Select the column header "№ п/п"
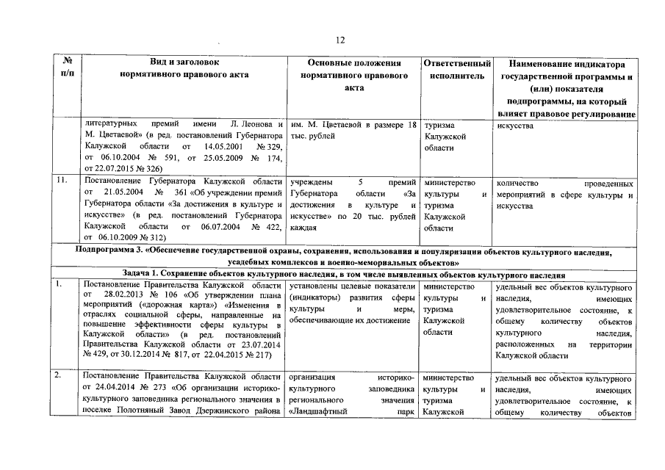[x=67, y=68]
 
